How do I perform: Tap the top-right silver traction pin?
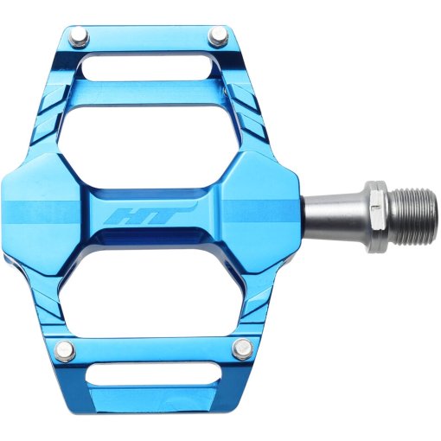pos(219,38)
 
